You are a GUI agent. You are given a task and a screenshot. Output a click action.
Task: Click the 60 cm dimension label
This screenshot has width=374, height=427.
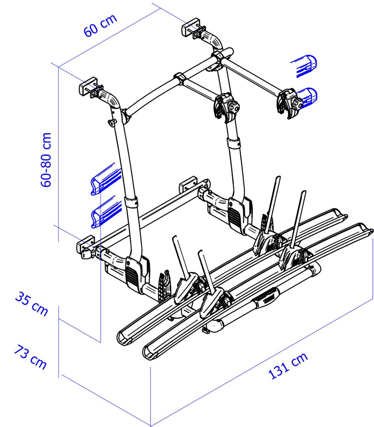(x=100, y=25)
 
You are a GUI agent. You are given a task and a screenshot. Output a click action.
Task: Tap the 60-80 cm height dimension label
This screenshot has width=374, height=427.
(x=46, y=160)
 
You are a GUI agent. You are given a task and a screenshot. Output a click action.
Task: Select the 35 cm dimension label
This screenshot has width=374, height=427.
(x=31, y=303)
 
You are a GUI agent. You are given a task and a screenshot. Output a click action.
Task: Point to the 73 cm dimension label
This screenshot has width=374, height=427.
(x=30, y=357)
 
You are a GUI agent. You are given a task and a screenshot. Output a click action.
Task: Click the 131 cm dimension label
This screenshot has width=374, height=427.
(x=288, y=366)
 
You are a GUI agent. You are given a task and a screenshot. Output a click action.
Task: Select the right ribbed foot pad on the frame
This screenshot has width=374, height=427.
(x=235, y=216)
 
